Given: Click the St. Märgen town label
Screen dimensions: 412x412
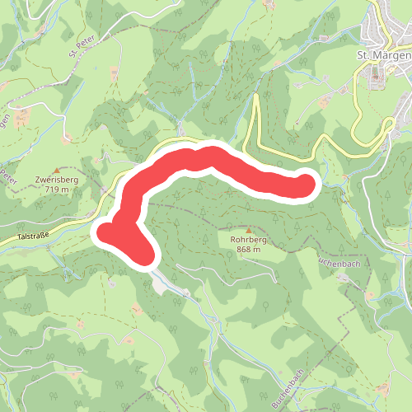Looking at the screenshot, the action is click(x=383, y=55).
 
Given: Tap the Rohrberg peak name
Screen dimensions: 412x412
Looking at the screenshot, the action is click(x=247, y=240).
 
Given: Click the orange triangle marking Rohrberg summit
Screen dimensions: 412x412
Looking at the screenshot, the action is click(x=247, y=231).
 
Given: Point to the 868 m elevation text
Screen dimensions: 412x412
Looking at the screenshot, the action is click(x=247, y=249).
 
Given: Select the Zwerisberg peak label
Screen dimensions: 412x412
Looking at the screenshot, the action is click(x=56, y=180).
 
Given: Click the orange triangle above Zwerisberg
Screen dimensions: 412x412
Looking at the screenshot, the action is click(x=56, y=170).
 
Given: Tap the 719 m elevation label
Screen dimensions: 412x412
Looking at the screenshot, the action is click(x=56, y=190).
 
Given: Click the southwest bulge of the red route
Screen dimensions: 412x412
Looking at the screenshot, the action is click(x=111, y=233).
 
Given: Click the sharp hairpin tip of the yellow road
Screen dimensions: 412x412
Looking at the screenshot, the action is click(x=255, y=98).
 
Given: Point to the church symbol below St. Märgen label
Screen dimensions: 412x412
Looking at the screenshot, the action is click(x=378, y=73).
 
